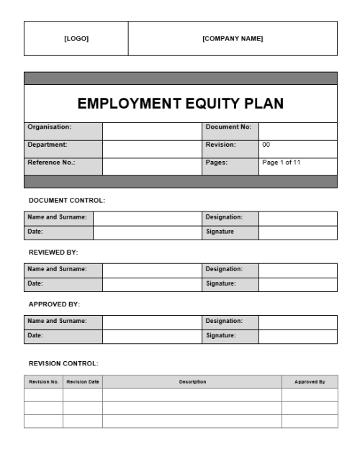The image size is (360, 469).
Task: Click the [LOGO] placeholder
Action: tap(76, 39)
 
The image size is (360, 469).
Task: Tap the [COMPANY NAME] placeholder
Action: tap(233, 39)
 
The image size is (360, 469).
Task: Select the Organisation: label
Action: tap(49, 127)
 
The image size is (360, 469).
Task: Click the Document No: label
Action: tap(228, 127)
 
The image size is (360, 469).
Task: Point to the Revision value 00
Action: tap(266, 145)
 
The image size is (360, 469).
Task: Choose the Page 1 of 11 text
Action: tap(282, 163)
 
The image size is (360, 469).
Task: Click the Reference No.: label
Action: tap(51, 163)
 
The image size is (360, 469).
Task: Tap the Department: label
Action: tap(47, 145)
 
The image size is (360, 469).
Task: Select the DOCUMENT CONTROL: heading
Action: tap(66, 200)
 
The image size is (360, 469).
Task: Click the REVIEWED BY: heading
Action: tap(53, 252)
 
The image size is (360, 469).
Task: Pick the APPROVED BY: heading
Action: tap(54, 304)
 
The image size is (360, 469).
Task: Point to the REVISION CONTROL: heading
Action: tap(63, 363)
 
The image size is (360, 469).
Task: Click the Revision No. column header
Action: tap(43, 382)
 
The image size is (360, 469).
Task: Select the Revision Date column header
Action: tap(83, 382)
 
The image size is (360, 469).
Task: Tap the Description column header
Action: tap(192, 382)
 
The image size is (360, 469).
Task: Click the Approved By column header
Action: tap(310, 382)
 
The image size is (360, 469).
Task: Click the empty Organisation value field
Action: tap(152, 131)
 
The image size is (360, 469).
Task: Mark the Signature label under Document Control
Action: tap(220, 232)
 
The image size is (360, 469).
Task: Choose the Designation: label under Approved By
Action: tap(224, 321)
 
